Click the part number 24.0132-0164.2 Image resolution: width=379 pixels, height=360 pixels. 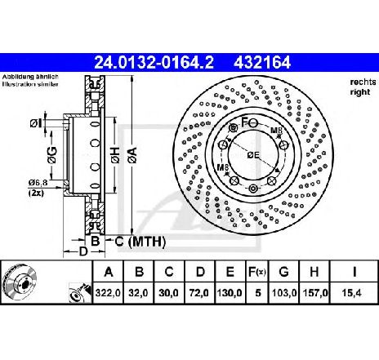(x=154, y=63)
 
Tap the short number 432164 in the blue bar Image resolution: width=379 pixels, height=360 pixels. (x=262, y=63)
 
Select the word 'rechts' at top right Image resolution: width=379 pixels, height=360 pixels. (x=363, y=82)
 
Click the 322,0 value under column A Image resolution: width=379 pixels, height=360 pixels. (x=108, y=293)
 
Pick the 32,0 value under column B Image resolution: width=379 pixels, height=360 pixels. (x=138, y=293)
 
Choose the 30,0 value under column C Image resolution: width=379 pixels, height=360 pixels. (x=168, y=293)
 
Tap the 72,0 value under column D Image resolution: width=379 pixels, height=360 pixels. (x=199, y=293)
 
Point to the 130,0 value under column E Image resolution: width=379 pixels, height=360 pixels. (x=230, y=293)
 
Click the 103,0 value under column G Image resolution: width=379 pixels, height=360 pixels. (x=284, y=293)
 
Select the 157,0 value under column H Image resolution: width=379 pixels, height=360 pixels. (x=315, y=293)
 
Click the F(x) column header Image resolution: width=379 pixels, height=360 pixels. (x=256, y=272)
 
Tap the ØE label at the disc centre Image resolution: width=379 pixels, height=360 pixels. (x=253, y=155)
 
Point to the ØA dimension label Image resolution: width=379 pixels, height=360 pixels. (x=133, y=156)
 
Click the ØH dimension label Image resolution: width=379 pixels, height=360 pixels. (x=115, y=156)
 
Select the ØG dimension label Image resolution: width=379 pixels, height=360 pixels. (x=52, y=155)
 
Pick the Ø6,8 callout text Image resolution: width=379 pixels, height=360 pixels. (x=38, y=183)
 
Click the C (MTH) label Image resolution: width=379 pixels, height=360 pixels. (x=140, y=242)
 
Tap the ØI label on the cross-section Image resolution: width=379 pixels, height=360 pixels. (x=36, y=124)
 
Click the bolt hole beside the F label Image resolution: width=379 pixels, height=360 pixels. (x=253, y=123)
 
